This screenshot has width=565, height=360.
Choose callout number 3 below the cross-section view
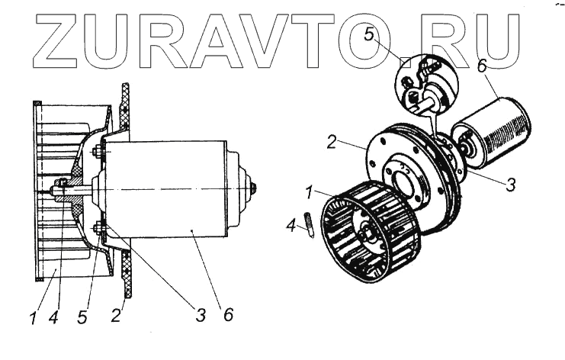pyautogui.click(x=201, y=313)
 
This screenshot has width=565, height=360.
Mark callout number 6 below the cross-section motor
pyautogui.click(x=226, y=313)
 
